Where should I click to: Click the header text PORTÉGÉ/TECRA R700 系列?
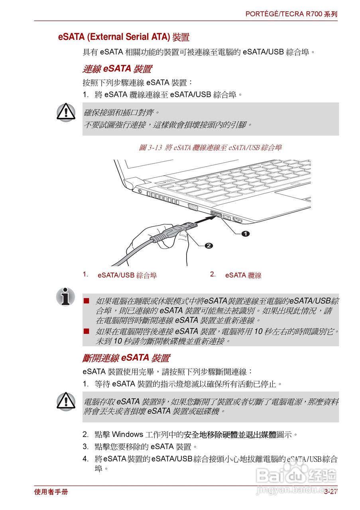pyautogui.click(x=291, y=14)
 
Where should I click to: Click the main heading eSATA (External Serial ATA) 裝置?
pyautogui.click(x=124, y=37)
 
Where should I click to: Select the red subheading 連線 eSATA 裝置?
pyautogui.click(x=117, y=69)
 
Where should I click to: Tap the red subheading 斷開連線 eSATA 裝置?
pyautogui.click(x=126, y=358)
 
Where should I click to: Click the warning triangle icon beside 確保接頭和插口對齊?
pyautogui.click(x=66, y=112)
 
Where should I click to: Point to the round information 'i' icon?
pyautogui.click(x=66, y=297)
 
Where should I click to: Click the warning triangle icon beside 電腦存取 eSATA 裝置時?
pyautogui.click(x=66, y=402)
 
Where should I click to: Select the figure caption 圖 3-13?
pyautogui.click(x=210, y=147)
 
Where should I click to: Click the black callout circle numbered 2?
pyautogui.click(x=209, y=245)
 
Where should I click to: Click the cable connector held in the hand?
pyautogui.click(x=175, y=231)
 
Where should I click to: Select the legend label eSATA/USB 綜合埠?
pyautogui.click(x=127, y=275)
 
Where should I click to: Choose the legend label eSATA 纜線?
pyautogui.click(x=243, y=275)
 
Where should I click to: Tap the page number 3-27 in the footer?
pyautogui.click(x=330, y=492)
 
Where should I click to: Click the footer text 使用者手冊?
pyautogui.click(x=51, y=492)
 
